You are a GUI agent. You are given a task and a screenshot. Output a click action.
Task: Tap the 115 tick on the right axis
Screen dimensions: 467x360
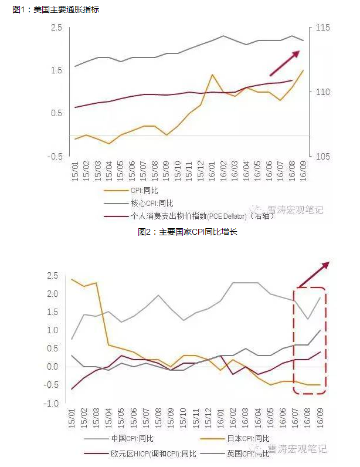322,28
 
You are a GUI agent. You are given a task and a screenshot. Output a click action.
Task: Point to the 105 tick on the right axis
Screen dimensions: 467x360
322,157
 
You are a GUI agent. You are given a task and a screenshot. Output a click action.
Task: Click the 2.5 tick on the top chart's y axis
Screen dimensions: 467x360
56,28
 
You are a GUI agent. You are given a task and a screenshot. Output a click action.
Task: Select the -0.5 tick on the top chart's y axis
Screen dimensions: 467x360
56,157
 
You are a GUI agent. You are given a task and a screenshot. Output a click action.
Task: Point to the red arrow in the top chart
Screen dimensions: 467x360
285,63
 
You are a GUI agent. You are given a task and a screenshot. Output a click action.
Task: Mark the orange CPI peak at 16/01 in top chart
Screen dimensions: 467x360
212,75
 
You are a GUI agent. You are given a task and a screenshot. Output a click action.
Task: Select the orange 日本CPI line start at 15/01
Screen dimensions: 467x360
72,279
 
